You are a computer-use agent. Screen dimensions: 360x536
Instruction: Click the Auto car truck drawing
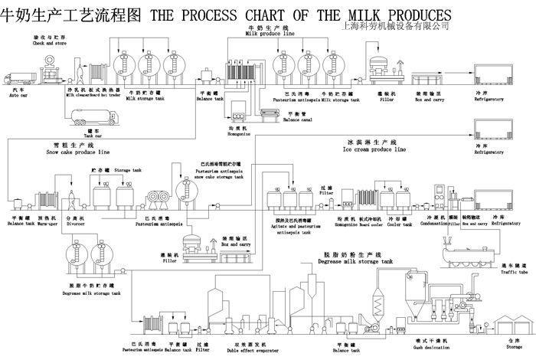(18, 79)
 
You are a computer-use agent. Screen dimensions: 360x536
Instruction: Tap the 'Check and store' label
(48, 43)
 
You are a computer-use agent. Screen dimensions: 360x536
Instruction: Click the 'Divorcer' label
(75, 224)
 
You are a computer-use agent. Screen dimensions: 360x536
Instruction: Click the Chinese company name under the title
(397, 26)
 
